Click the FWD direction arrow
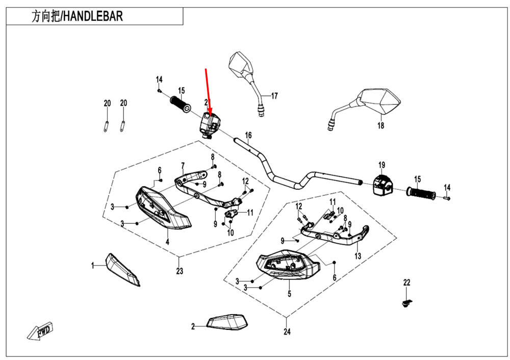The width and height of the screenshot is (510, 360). click(41, 332)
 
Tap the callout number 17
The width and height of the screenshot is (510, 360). click(274, 95)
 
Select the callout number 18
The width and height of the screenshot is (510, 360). click(380, 126)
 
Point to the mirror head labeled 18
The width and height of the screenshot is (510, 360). click(381, 100)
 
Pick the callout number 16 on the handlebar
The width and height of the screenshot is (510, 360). click(248, 135)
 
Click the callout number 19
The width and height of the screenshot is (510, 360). click(381, 164)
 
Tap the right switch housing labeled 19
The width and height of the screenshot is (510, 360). click(382, 185)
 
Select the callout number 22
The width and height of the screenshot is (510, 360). click(406, 282)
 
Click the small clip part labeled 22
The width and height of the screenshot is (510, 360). click(406, 303)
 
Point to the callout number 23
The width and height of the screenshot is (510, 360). click(180, 271)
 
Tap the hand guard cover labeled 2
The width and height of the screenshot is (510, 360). click(227, 322)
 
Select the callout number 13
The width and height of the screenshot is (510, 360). click(358, 256)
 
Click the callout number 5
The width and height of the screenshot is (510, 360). click(289, 294)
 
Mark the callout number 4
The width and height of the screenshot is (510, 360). click(167, 241)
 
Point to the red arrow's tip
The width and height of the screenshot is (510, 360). click(209, 117)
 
